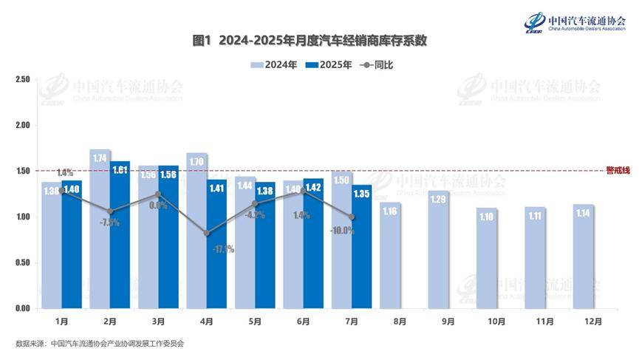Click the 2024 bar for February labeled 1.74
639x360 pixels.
100,229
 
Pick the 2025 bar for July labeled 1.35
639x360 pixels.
361,247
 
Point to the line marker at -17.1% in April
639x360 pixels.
206,233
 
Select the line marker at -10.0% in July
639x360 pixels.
352,217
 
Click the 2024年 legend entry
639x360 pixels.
274,65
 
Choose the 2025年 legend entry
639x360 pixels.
329,65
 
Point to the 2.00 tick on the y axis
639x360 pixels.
22,125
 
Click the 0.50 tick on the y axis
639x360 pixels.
22,262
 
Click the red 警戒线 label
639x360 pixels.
618,170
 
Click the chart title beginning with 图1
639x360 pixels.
320,41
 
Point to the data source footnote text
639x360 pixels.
99,344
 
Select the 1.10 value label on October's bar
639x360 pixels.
487,217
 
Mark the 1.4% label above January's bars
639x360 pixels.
65,173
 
